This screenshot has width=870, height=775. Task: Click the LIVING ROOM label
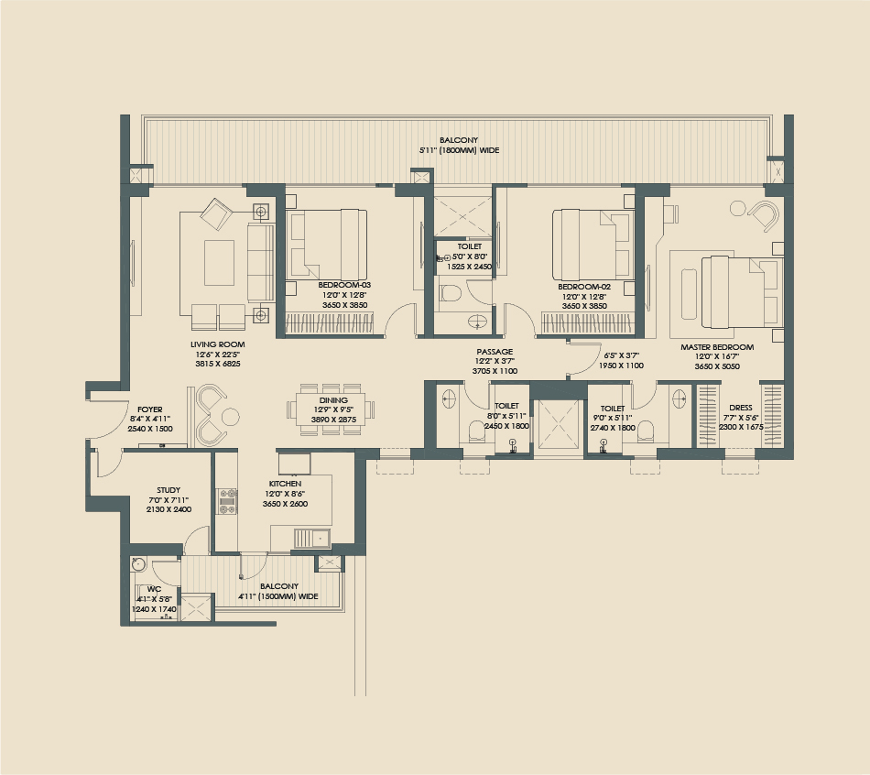218,344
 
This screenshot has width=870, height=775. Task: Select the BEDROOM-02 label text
584,286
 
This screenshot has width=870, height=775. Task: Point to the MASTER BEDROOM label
717,347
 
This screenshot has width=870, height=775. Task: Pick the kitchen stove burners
226,499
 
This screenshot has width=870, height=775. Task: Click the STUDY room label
169,490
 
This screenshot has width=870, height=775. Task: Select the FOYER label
150,409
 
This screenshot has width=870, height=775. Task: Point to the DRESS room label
740,408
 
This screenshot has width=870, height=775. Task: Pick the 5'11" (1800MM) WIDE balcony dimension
459,150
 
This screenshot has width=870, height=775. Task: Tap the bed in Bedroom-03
327,245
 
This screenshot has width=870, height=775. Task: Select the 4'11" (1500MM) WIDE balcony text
278,595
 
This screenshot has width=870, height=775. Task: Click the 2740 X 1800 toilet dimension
613,427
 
